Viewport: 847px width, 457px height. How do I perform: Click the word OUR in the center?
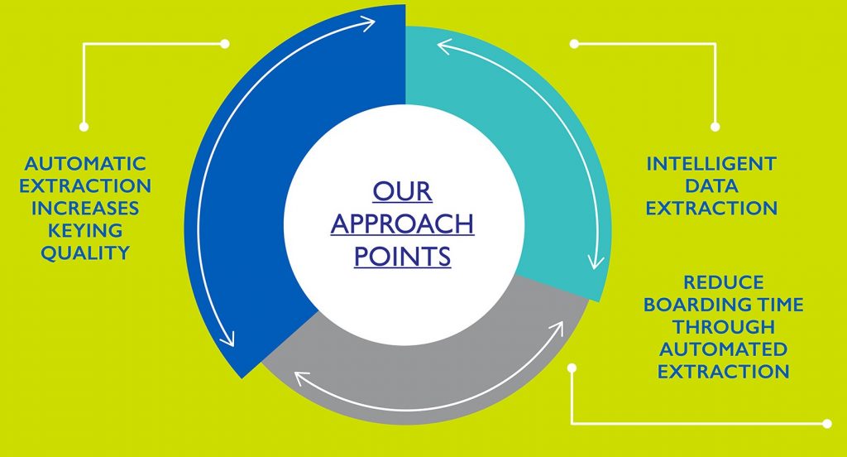coord(403,191)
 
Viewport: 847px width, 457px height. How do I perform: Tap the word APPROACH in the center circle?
coord(403,224)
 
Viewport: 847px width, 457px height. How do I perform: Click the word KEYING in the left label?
coord(85,230)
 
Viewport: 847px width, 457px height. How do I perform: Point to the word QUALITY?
coord(85,253)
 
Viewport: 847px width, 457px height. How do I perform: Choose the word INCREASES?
coord(85,209)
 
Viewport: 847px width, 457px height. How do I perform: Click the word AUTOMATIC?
coord(85,163)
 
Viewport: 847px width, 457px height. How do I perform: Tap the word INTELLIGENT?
coord(711,163)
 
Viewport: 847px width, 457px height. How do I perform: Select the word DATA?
coord(711,186)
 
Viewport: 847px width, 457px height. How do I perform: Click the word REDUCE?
coord(723,282)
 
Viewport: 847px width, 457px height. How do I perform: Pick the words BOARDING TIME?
coord(723,305)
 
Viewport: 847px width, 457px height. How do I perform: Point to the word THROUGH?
coord(723,327)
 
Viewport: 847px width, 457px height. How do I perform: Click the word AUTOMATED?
coord(723,349)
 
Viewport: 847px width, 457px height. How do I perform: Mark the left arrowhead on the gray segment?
coord(301,378)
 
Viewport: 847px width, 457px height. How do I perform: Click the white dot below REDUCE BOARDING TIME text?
coord(572,368)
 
